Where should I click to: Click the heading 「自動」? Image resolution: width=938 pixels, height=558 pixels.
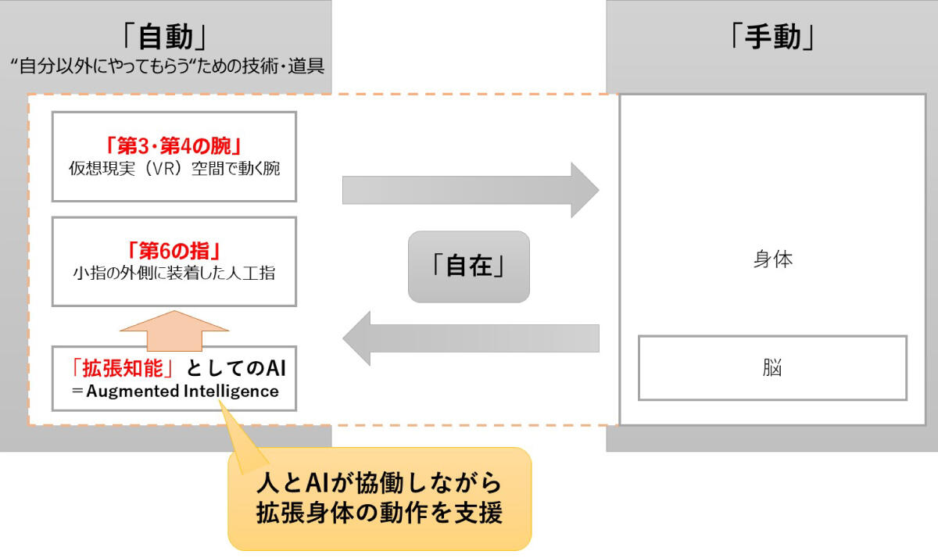pos(165,37)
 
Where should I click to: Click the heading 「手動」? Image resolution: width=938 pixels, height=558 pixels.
pos(772,37)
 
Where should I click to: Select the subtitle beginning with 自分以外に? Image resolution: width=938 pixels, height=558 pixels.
pos(167,66)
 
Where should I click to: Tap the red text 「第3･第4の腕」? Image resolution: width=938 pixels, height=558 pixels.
pos(174,145)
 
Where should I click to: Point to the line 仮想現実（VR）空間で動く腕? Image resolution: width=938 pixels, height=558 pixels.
pos(174,168)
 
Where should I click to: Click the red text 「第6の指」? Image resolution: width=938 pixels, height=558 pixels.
pos(174,251)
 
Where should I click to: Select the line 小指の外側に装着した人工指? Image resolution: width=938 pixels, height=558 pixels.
pos(174,273)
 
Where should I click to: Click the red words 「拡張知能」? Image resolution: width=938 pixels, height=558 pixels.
pos(122,368)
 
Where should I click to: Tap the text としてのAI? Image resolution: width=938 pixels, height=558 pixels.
pos(236,368)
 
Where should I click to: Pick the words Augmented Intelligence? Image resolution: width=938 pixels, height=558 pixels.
pos(183,391)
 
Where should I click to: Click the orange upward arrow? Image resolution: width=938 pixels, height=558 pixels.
pos(174,331)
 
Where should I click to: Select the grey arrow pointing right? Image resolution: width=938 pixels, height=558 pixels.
pos(471,190)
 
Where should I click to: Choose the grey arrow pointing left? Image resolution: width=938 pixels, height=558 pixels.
pos(471,338)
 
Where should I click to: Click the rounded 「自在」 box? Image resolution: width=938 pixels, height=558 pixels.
pos(469,266)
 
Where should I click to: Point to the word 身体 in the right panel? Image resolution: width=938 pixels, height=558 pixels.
pos(773,259)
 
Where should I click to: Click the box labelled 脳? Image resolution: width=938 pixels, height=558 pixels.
pos(772,368)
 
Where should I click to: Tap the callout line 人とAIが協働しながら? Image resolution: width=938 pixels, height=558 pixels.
pos(379,483)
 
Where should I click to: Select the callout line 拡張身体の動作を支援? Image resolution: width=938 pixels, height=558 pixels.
pos(379,513)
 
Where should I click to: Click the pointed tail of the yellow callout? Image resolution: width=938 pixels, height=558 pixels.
pos(220,401)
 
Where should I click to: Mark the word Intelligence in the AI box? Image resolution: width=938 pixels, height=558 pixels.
pos(231,392)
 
